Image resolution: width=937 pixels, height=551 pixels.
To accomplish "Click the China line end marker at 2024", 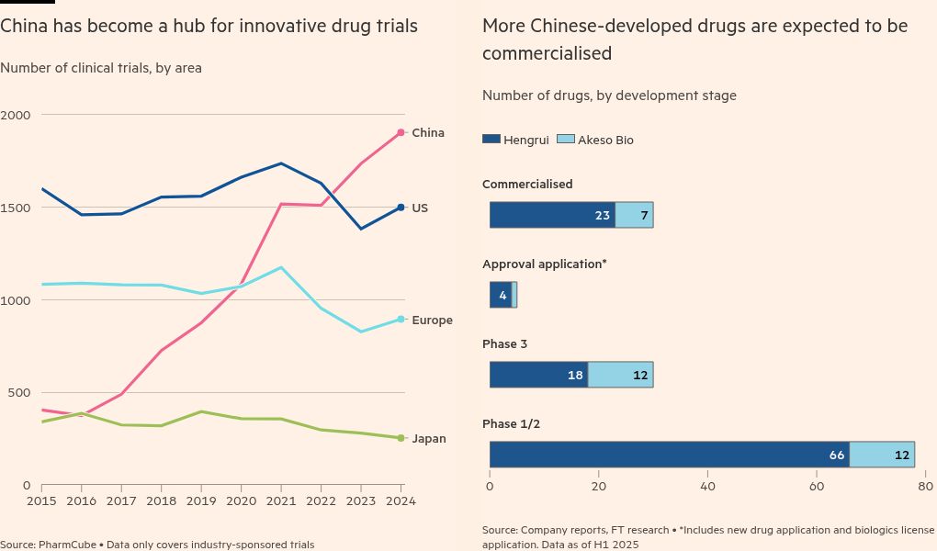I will pos(401,133).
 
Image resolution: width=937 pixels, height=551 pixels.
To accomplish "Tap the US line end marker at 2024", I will pos(401,208).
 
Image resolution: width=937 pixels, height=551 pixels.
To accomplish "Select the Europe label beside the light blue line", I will pos(432,320).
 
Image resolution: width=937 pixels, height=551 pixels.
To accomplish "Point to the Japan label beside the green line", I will pos(429,439).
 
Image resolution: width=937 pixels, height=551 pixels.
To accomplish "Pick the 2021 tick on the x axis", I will pos(281,501).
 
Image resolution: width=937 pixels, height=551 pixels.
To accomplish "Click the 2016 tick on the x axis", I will pos(82,501).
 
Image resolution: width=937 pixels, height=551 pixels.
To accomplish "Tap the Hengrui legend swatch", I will pos(491,140).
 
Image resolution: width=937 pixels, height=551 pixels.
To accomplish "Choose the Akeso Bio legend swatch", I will pos(565,140).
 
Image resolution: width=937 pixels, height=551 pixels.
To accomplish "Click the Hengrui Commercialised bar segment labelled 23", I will pos(552,215).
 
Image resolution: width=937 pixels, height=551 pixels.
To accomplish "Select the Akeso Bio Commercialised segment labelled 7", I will pos(634,215).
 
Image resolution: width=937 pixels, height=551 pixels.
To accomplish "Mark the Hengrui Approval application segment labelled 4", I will pos(501,295).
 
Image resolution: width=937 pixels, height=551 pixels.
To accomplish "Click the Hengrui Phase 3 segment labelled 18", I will pos(538,375).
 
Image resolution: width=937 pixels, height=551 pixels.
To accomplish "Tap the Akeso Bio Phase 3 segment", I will pos(620,375).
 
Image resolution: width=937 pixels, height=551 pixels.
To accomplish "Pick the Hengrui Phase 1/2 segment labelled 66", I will pos(669,455).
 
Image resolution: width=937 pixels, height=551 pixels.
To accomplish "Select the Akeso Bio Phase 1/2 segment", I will pos(882,455).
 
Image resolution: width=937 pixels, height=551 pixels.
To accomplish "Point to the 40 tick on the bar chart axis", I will pos(707,486).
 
